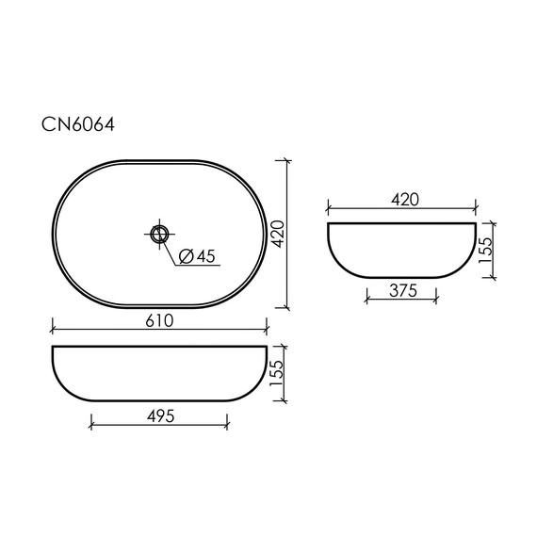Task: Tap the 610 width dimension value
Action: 159,320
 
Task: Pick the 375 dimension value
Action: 401,292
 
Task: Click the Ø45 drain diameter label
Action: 196,255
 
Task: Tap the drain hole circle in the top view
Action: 159,231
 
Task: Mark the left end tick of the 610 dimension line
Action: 51,332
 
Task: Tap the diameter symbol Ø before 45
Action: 185,255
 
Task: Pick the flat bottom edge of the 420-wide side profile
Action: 401,280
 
